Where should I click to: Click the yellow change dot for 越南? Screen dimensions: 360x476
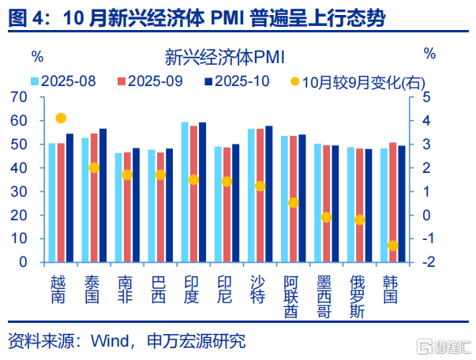[x=61, y=118]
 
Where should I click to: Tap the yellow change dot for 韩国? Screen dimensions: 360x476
[x=392, y=246]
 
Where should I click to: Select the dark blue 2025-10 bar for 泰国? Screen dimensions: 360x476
[x=103, y=195]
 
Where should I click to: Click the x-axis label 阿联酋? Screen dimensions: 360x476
[x=293, y=296]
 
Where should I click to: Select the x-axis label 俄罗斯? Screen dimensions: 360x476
[x=359, y=296]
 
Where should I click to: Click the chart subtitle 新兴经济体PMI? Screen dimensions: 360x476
[x=225, y=57]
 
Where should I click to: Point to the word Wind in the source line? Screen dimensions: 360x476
[x=111, y=341]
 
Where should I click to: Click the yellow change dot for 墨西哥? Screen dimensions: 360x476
[x=326, y=217]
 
